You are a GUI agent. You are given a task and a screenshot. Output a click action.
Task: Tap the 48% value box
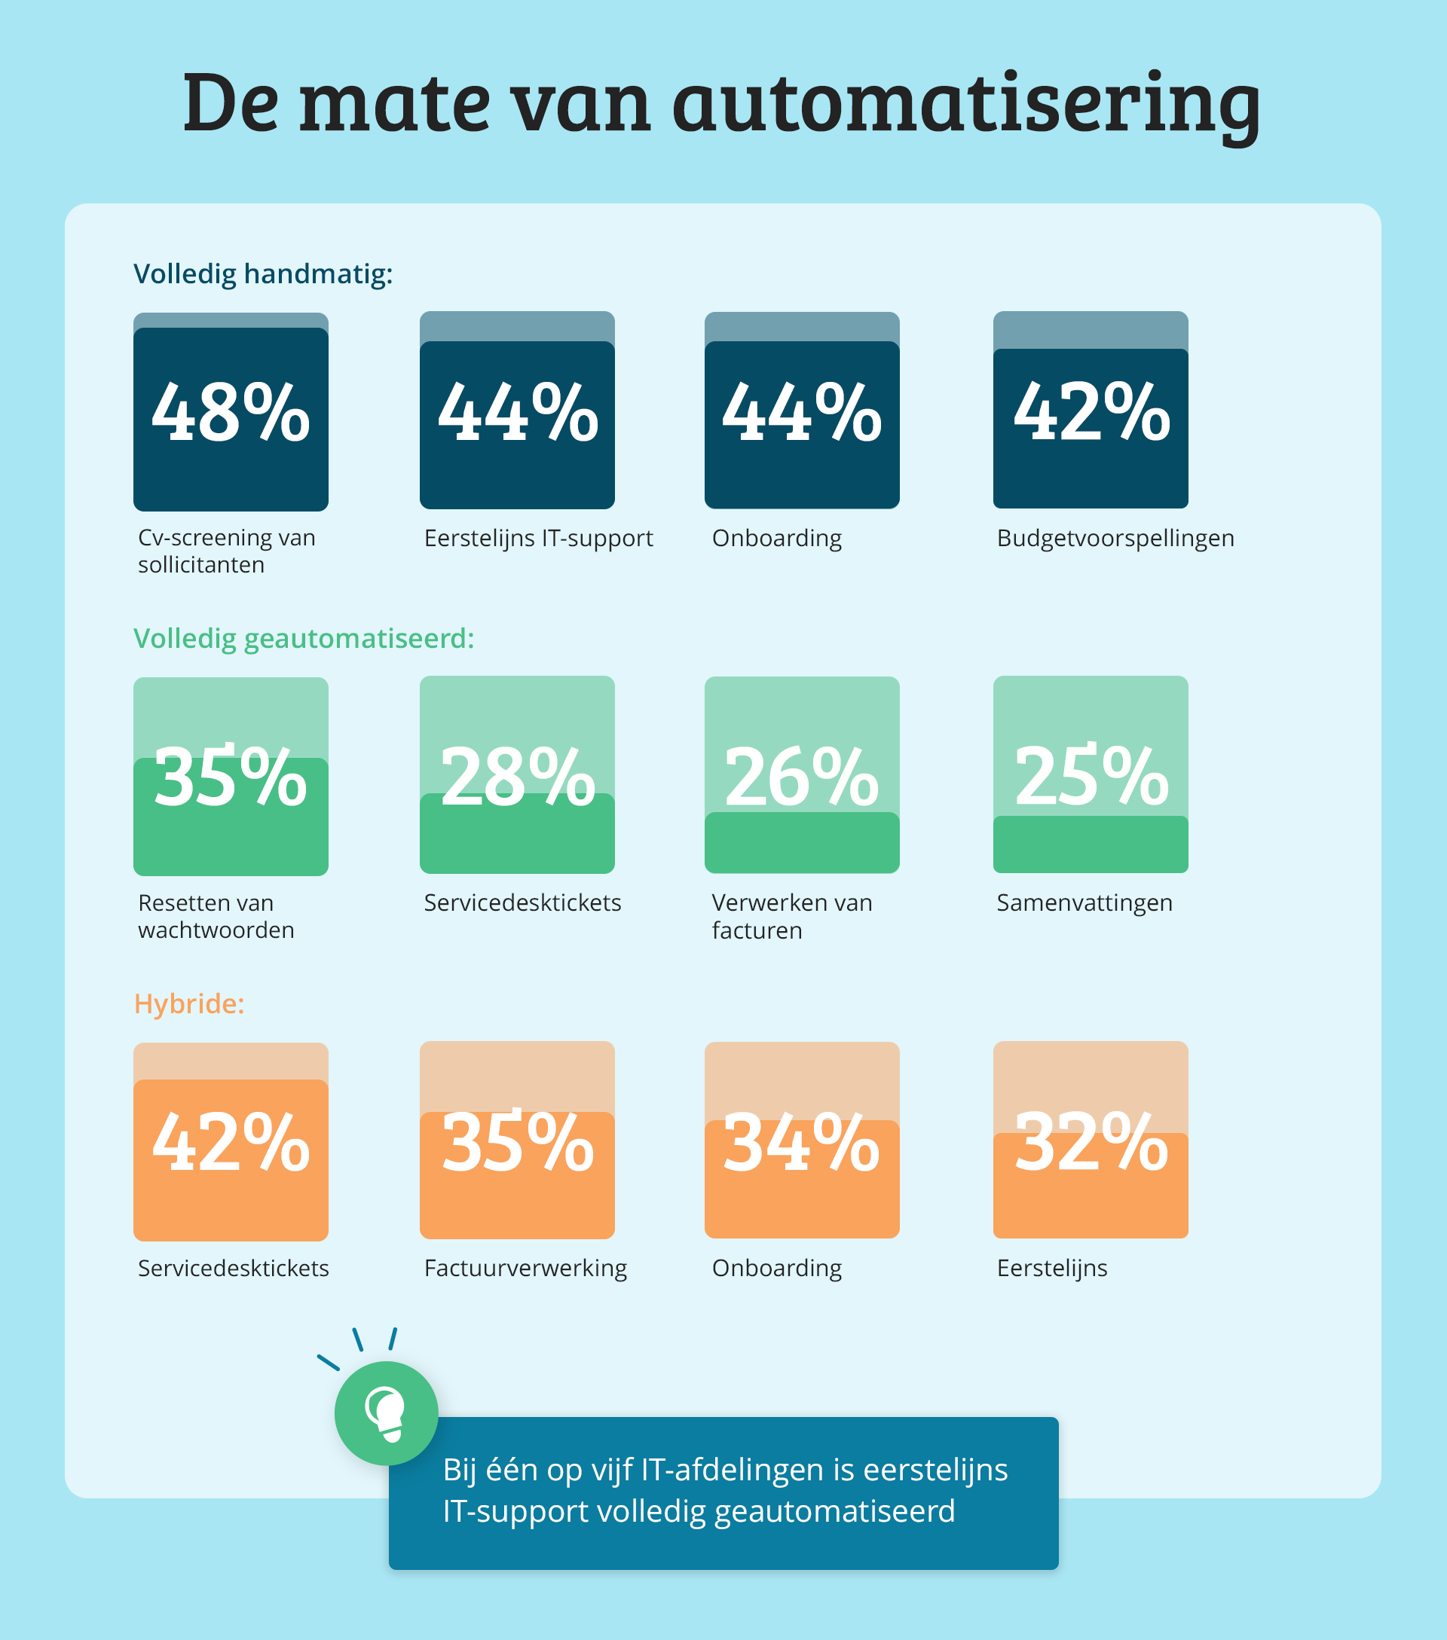click(231, 412)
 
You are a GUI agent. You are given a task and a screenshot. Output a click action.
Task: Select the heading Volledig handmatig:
click(262, 274)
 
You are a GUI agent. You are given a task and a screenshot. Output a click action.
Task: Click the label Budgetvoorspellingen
click(1115, 539)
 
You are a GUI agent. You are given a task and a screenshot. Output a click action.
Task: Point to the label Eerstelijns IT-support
click(539, 539)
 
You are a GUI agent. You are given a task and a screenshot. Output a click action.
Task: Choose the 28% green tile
click(517, 775)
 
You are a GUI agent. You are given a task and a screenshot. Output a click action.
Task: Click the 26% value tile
click(802, 775)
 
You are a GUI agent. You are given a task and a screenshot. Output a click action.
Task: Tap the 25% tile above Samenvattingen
click(1091, 775)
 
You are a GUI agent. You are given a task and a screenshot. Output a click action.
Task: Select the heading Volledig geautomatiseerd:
click(304, 639)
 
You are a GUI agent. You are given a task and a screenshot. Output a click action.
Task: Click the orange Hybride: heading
click(188, 1003)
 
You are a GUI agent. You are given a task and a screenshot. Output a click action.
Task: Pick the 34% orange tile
click(802, 1140)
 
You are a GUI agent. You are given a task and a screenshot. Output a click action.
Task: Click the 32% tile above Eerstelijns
click(1091, 1140)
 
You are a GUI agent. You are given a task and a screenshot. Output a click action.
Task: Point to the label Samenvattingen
click(1084, 903)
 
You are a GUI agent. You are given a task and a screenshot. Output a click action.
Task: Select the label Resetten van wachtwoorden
click(216, 917)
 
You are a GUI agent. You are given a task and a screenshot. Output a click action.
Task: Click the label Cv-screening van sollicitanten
click(226, 551)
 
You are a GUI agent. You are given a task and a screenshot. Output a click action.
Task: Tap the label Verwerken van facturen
click(791, 917)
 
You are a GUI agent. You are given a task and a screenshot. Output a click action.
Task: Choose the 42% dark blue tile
click(1091, 412)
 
